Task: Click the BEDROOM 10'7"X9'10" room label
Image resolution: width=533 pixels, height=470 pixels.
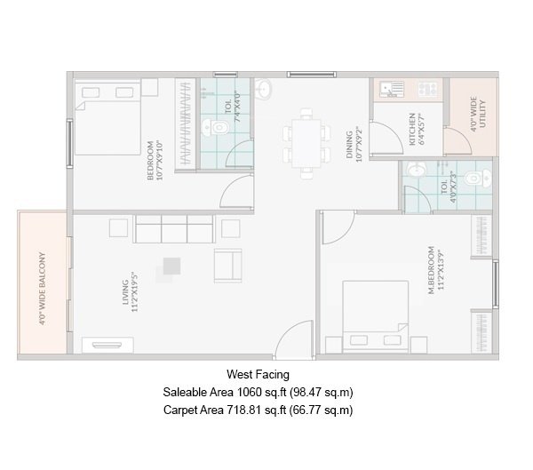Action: click(x=155, y=160)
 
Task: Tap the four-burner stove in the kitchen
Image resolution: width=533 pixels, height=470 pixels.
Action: click(x=426, y=89)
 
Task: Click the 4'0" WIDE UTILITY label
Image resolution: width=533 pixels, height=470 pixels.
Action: click(x=479, y=113)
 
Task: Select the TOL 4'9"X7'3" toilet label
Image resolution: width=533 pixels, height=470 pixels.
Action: click(x=449, y=189)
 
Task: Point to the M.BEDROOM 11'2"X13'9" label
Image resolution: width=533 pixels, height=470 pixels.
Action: click(x=434, y=269)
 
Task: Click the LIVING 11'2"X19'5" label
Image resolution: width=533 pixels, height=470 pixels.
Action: click(x=131, y=293)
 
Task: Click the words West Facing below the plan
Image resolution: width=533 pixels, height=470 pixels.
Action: click(x=258, y=376)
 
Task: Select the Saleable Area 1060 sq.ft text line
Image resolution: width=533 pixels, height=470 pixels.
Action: click(x=259, y=393)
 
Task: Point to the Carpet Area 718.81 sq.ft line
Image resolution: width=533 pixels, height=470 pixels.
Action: click(x=259, y=410)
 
